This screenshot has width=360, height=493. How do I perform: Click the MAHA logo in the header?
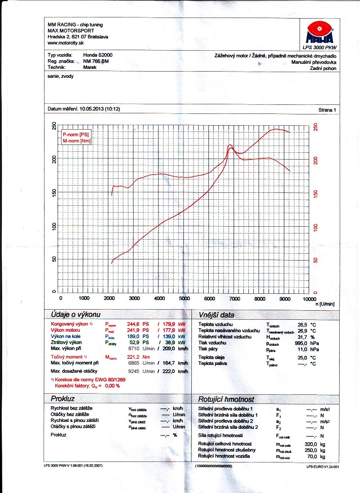coord(318,33)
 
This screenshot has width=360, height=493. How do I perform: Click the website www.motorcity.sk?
coord(63,43)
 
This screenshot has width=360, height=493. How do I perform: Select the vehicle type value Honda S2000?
coord(98,55)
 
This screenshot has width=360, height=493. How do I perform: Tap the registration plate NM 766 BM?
coord(96,61)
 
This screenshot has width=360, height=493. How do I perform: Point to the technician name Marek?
coord(89,67)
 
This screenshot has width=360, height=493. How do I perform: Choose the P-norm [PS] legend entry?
coord(76,135)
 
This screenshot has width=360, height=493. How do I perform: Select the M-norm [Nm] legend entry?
coord(77,141)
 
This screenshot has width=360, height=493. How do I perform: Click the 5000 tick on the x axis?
coord(185,298)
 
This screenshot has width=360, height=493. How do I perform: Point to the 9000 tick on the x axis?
coord(284,298)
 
